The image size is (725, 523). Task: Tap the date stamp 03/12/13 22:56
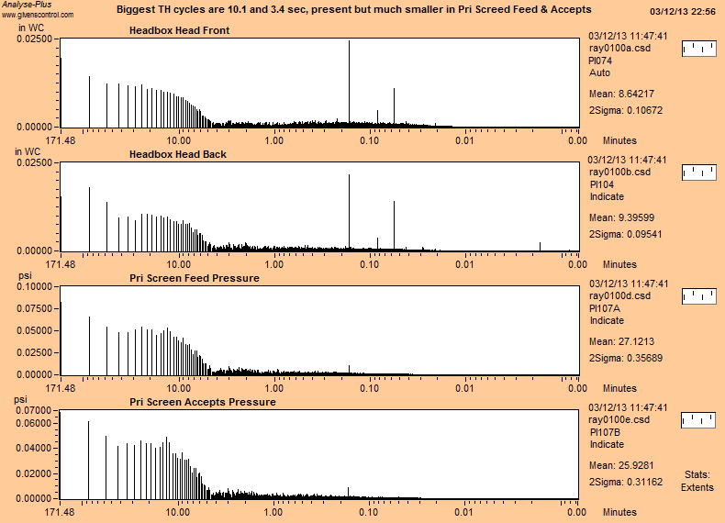[683, 11]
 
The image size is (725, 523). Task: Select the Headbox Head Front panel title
[179, 31]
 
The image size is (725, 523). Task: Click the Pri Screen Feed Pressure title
[194, 278]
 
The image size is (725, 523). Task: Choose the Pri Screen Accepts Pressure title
[202, 402]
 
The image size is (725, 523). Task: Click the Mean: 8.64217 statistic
[620, 94]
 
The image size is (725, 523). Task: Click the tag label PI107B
[604, 431]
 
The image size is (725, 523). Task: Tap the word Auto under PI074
[599, 72]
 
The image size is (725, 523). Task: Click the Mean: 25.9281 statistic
[620, 465]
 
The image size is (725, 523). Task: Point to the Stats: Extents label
[697, 481]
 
